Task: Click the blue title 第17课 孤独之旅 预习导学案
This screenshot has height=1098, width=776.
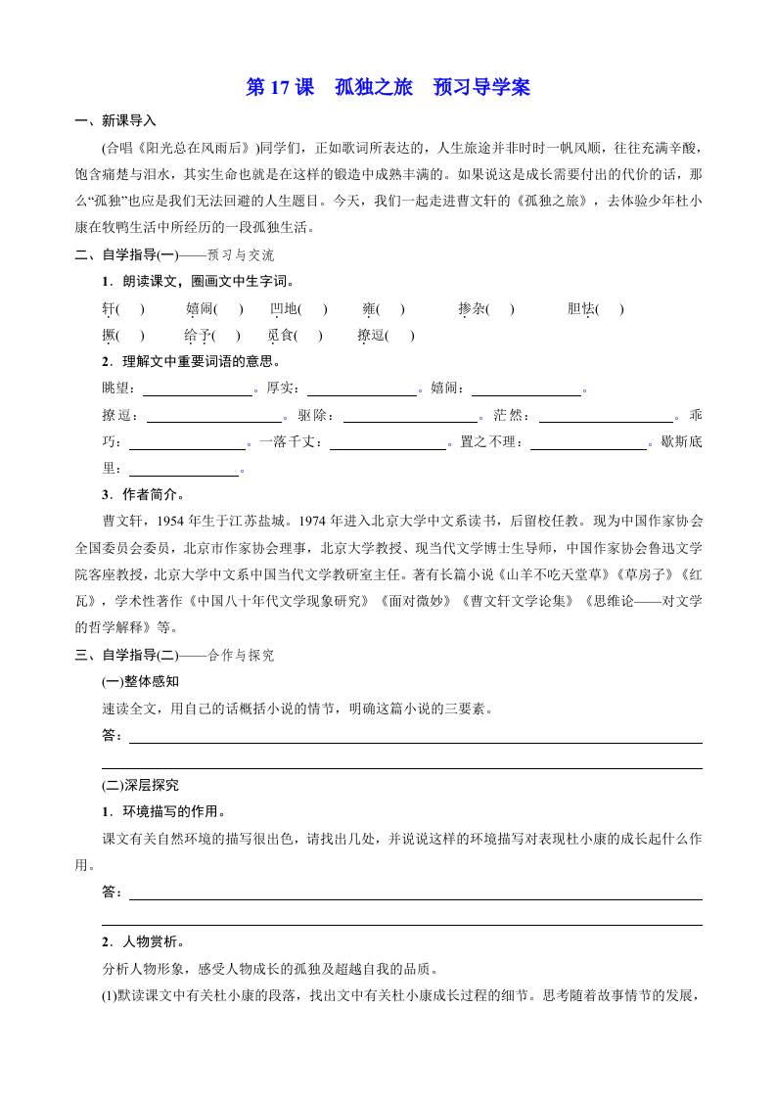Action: [x=388, y=87]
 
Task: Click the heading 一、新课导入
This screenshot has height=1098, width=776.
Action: [x=114, y=121]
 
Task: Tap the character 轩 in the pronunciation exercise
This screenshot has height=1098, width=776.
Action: [x=109, y=309]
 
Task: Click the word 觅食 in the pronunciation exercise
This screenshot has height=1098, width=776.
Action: [x=281, y=335]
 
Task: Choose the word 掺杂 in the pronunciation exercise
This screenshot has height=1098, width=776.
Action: [x=472, y=309]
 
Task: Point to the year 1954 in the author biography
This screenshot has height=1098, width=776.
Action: [x=172, y=520]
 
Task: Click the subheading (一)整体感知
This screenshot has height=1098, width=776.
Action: [x=140, y=680]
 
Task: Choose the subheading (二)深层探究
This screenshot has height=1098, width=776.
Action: [x=140, y=785]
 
